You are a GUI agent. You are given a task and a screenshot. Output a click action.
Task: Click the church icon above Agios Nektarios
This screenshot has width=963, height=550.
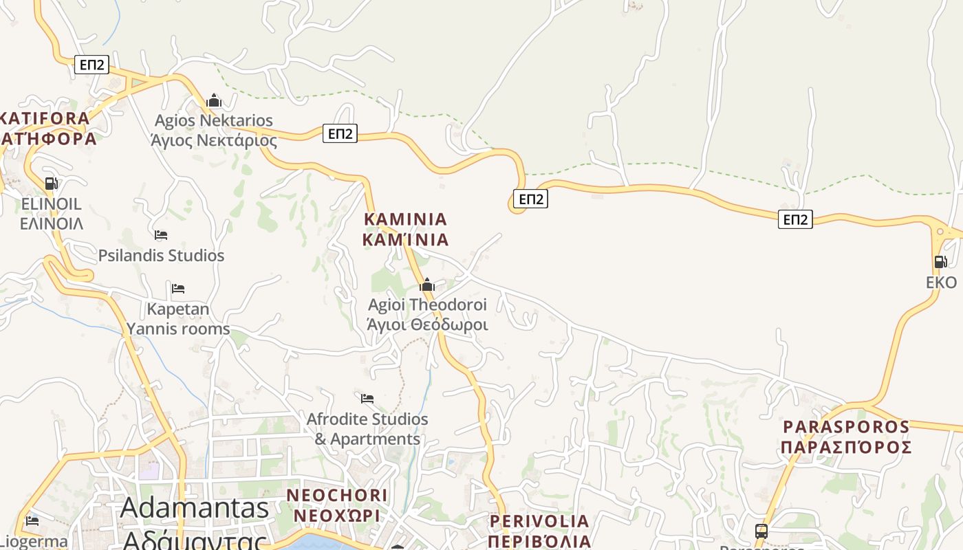(214, 100)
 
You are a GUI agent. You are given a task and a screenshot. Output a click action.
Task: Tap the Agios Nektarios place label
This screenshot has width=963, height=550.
(214, 131)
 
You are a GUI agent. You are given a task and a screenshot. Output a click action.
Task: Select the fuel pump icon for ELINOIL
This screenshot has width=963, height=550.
(51, 184)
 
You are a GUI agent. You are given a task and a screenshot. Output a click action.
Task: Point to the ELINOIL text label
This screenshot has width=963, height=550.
(52, 214)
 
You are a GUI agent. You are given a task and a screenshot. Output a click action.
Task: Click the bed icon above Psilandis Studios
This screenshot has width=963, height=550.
(161, 235)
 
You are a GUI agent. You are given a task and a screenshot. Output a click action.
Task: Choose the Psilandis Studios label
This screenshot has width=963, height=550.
(161, 256)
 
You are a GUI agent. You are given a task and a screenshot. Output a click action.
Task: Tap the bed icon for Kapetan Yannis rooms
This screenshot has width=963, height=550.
(178, 289)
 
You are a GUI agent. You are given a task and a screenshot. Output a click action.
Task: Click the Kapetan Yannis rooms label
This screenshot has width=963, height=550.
(178, 319)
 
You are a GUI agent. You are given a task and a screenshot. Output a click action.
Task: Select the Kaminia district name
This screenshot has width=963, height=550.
(405, 230)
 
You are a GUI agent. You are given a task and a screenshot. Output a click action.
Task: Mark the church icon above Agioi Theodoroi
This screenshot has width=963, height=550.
(427, 285)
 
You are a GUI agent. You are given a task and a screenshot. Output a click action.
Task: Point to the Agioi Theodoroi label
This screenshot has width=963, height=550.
(427, 314)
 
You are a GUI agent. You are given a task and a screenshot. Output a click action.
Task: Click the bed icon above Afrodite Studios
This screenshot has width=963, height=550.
(367, 398)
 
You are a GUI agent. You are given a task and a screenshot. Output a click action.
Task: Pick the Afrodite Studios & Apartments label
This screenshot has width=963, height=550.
(367, 429)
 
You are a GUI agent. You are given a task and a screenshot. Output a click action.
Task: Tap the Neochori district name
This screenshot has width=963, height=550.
(336, 505)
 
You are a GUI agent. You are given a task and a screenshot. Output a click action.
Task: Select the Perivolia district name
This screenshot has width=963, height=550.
(539, 531)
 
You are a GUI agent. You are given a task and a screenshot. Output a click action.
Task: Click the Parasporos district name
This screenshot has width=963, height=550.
(846, 437)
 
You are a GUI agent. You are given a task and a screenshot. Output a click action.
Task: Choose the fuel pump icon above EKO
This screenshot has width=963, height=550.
(940, 262)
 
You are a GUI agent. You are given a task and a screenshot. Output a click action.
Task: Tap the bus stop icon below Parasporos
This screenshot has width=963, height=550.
(761, 531)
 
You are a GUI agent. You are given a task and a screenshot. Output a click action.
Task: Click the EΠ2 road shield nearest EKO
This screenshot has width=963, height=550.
(796, 219)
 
